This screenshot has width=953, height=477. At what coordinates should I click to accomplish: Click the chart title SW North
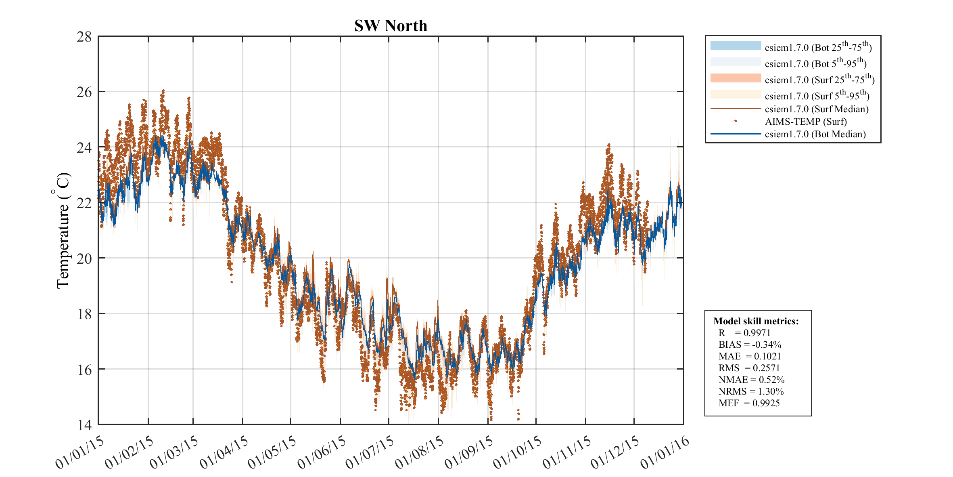391,26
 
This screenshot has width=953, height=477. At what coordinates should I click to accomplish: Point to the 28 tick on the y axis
84,37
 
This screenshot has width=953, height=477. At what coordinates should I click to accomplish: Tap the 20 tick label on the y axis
84,258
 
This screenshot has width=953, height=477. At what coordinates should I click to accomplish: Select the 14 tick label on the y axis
84,425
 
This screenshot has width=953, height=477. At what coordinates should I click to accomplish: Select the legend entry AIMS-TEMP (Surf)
805,122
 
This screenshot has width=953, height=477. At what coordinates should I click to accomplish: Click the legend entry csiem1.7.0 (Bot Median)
815,134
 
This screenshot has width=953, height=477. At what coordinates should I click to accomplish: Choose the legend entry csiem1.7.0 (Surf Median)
816,109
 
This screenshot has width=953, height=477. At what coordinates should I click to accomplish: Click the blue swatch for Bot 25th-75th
736,46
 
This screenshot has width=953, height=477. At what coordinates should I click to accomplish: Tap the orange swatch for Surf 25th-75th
736,78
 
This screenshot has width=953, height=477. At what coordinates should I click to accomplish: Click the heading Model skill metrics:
756,321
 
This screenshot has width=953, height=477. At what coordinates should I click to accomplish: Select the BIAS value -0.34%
766,345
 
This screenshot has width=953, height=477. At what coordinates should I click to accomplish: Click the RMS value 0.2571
766,368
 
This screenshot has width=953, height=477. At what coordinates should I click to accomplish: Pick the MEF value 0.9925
766,403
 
